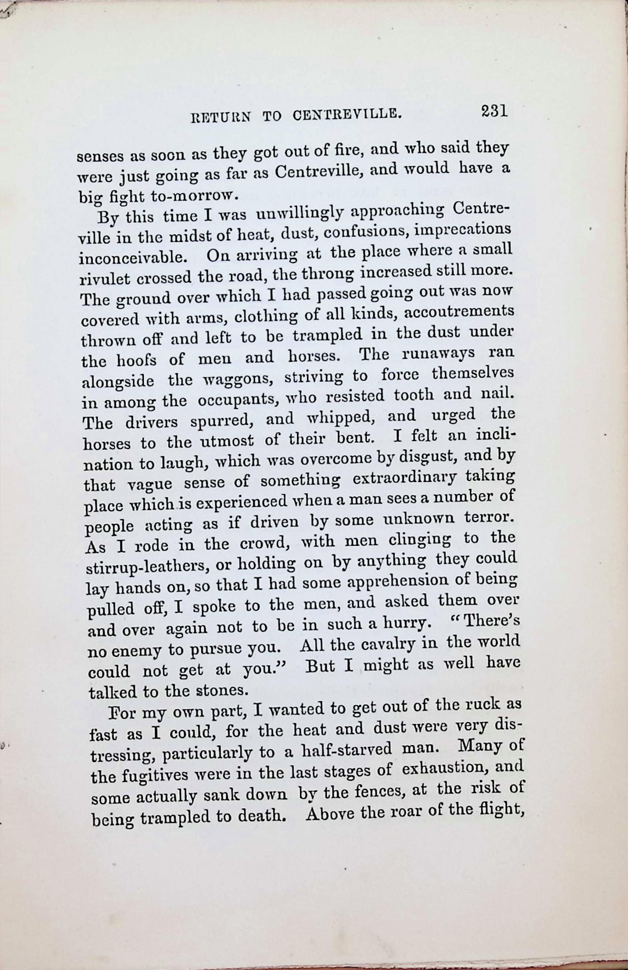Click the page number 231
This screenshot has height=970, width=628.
point(493,111)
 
